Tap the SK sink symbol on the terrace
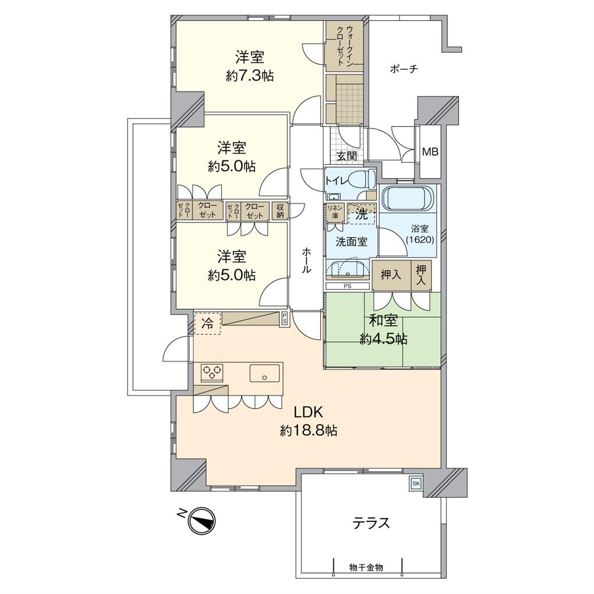pos(416,483)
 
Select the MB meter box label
pos(430,153)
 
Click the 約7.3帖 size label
pos(250,75)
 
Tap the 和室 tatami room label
pos(383,321)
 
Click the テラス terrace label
pos(370,523)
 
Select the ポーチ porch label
pos(404,69)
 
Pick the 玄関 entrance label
pos(347,156)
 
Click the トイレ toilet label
pos(336,180)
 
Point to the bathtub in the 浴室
pos(408,199)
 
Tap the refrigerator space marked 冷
pos(207,324)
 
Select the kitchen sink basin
pos(266,373)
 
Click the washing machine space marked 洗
pos(362,214)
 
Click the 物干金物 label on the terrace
pos(366,567)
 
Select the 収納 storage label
pos(280,210)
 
